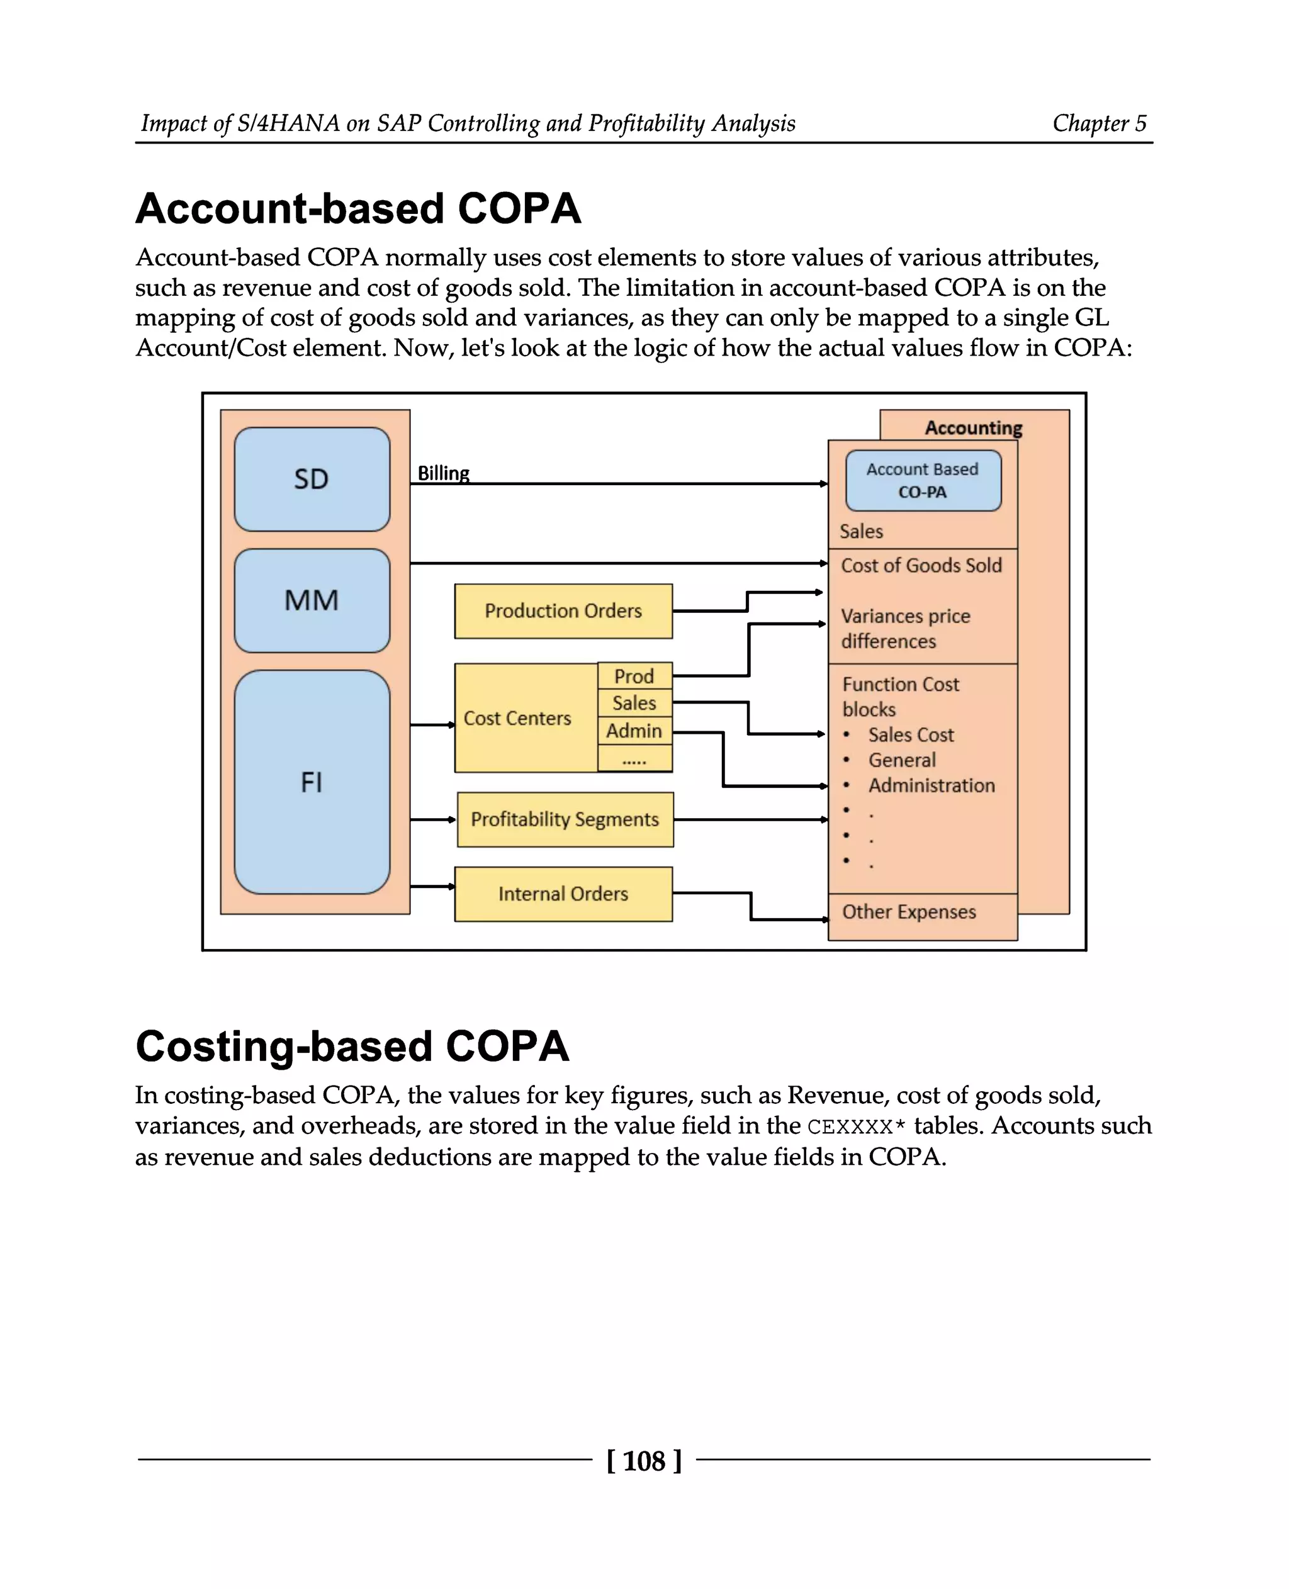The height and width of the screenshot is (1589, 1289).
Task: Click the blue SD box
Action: tap(312, 479)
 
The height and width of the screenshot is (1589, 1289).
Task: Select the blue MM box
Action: tap(312, 600)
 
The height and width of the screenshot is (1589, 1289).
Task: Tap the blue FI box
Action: tap(312, 782)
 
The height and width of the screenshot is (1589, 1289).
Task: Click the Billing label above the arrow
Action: tap(443, 473)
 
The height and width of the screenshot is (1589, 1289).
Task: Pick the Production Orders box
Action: tap(563, 611)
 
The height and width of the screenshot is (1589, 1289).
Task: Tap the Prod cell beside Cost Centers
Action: tap(634, 677)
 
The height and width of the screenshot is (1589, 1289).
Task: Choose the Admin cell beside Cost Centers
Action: tap(634, 731)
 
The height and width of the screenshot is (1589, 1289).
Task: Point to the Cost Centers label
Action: tap(517, 718)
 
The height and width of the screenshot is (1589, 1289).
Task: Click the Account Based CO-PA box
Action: tap(923, 480)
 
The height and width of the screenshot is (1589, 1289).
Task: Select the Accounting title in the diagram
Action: tap(974, 428)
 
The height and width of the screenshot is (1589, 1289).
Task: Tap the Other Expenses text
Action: tap(909, 912)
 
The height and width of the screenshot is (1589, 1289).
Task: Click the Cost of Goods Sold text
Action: tap(921, 566)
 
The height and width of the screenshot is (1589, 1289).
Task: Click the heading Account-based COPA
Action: tap(358, 209)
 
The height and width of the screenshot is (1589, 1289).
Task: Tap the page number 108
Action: tap(644, 1461)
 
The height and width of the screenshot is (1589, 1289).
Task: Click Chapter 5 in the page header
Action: tap(1099, 123)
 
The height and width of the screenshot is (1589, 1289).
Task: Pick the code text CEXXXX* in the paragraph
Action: tap(856, 1127)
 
